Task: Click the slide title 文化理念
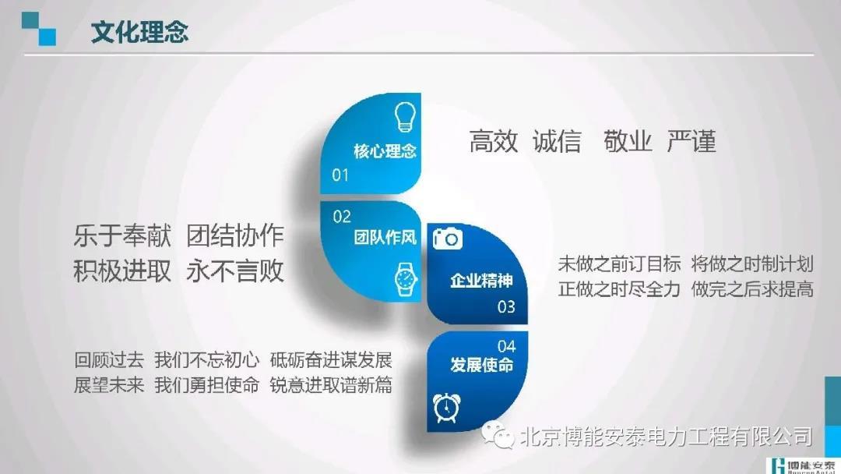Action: (x=139, y=32)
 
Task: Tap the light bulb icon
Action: (x=405, y=117)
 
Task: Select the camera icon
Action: (x=447, y=239)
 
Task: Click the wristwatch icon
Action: (x=406, y=279)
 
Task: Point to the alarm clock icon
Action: (x=446, y=408)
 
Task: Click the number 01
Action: (x=340, y=175)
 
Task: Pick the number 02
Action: (x=342, y=216)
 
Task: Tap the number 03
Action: (x=506, y=306)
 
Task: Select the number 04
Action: (x=506, y=346)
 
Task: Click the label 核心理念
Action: (x=385, y=150)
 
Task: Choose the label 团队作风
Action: (x=385, y=237)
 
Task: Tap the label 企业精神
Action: (x=482, y=280)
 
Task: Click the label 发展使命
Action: (x=482, y=365)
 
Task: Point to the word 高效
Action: (x=494, y=141)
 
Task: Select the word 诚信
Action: (x=557, y=141)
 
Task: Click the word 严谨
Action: (x=691, y=141)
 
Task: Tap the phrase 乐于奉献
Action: (x=122, y=235)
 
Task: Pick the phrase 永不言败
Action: (x=235, y=271)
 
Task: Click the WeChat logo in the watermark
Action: (x=498, y=435)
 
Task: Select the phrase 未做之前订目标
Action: (x=620, y=264)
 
